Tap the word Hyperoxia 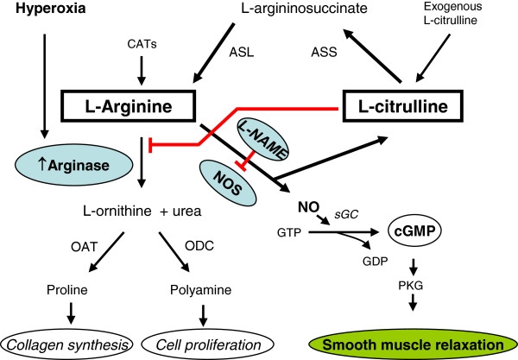pyautogui.click(x=41, y=14)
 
